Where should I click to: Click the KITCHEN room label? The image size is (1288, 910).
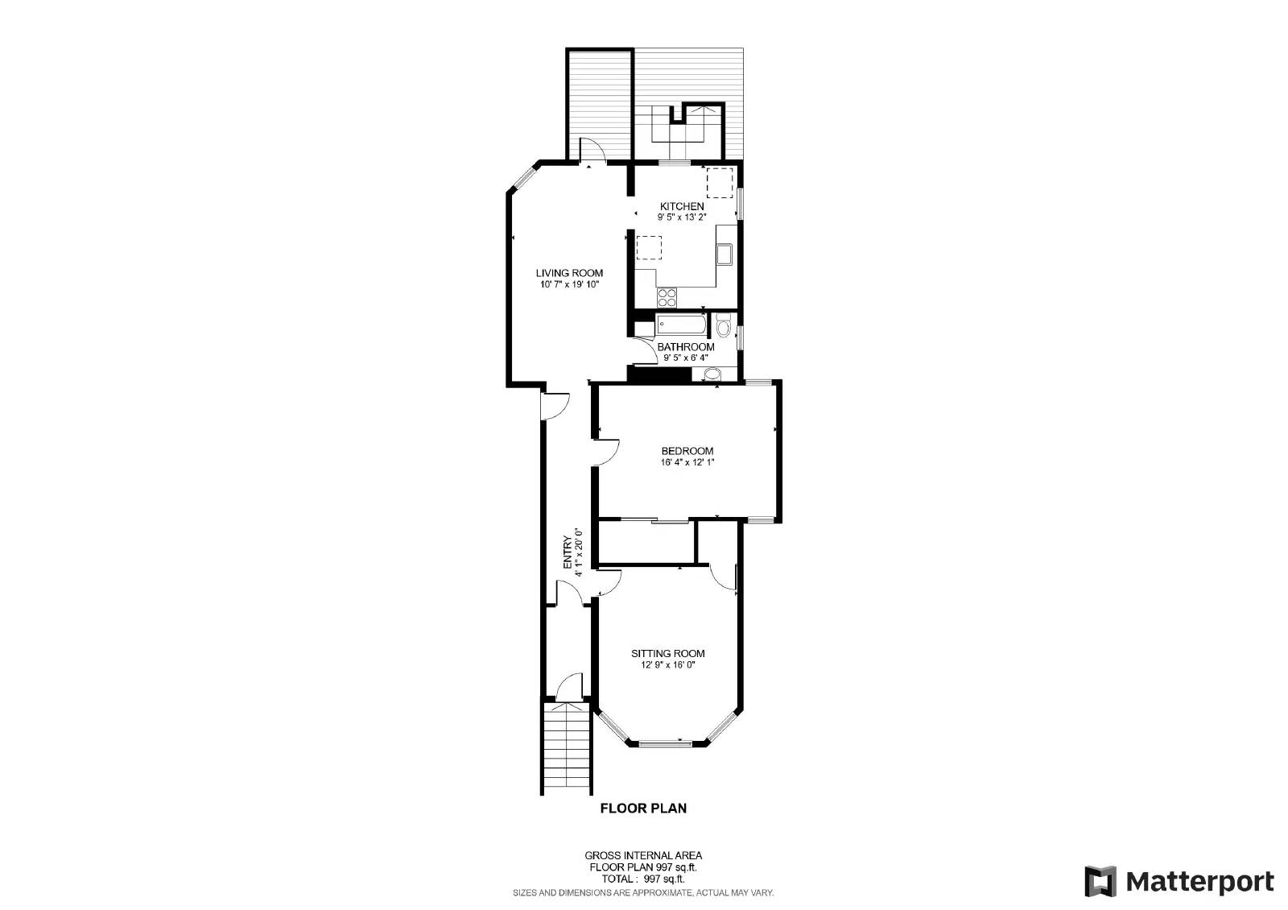[682, 206]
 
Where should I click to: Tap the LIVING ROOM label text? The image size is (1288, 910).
[569, 273]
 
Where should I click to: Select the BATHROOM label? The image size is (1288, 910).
[686, 347]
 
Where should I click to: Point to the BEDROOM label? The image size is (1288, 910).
[687, 451]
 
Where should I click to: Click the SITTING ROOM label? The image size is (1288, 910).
[667, 653]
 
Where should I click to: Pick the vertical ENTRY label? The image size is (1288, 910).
[568, 552]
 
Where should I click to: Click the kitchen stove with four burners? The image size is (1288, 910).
[667, 298]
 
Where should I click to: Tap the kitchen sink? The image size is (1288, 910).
[724, 254]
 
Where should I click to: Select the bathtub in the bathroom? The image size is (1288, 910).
[681, 326]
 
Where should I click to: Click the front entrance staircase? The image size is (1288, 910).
[569, 748]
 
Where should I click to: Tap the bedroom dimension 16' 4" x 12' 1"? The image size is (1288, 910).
[687, 462]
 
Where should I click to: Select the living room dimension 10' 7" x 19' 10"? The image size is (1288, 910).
[569, 284]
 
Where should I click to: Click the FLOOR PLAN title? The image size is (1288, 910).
[643, 808]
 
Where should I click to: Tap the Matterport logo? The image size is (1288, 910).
[1179, 881]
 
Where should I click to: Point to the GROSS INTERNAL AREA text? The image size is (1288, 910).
[643, 855]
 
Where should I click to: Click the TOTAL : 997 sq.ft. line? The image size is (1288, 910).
[643, 879]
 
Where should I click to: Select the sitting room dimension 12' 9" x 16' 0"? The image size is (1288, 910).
[667, 665]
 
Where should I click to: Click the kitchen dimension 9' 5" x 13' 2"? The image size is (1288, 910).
[682, 217]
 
